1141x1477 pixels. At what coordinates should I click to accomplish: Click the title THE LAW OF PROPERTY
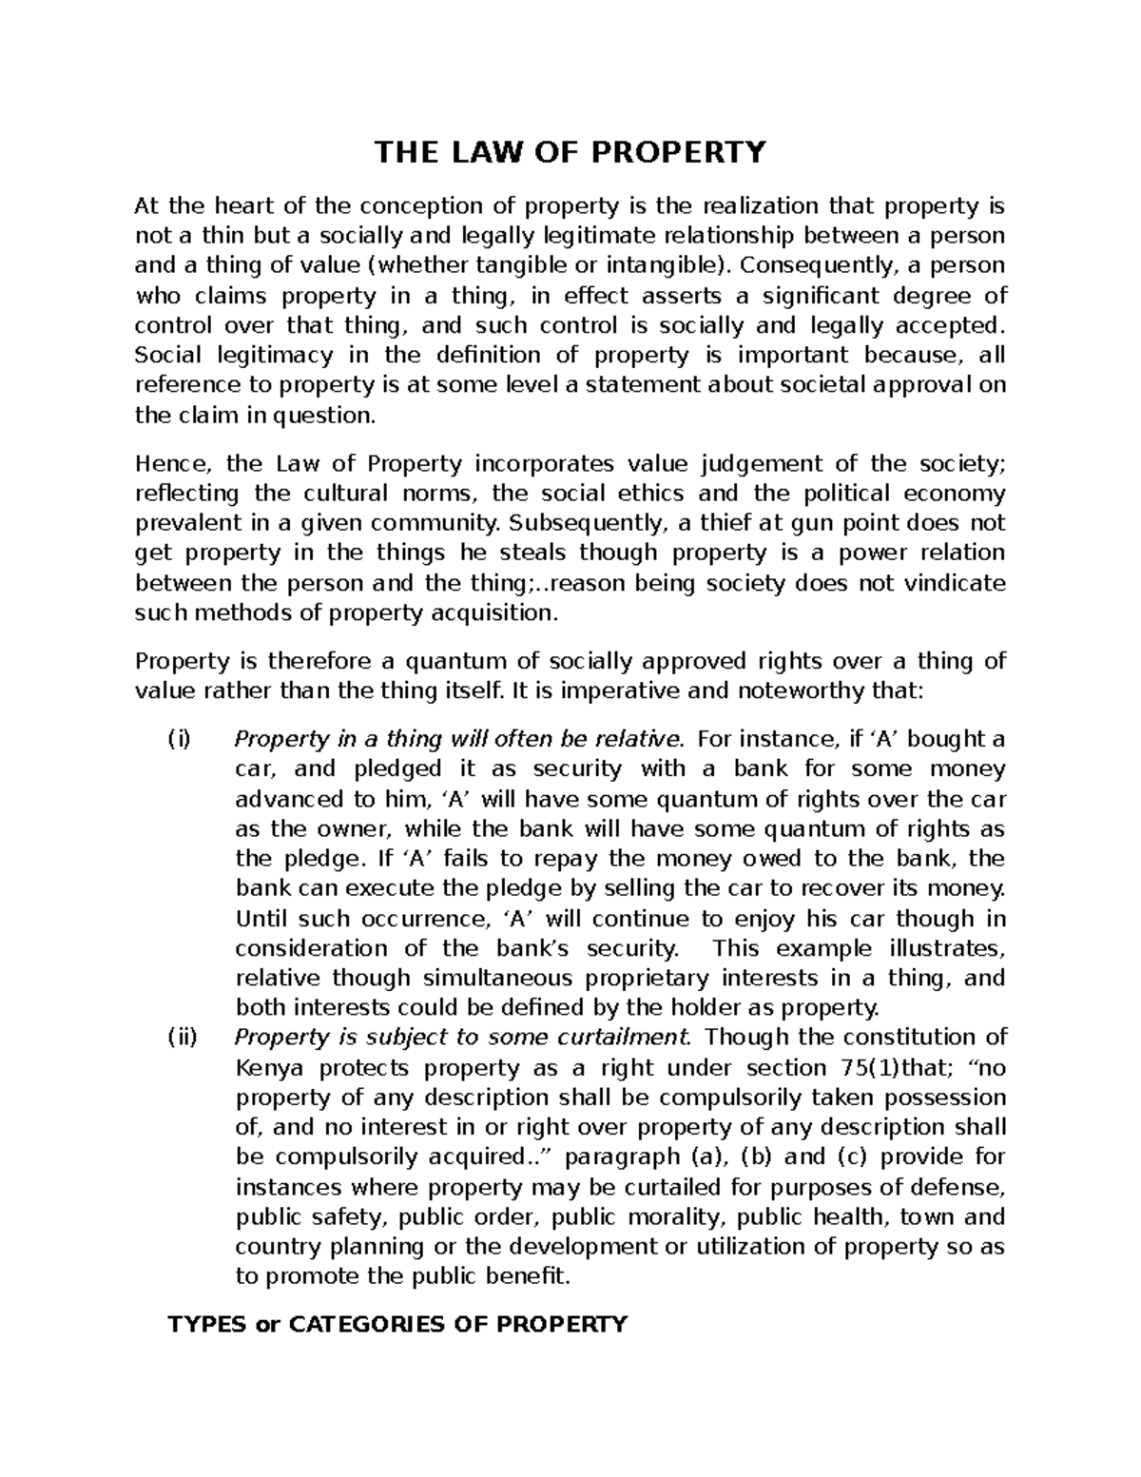point(569,152)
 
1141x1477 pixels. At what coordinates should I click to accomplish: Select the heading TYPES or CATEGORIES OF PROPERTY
point(397,1323)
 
